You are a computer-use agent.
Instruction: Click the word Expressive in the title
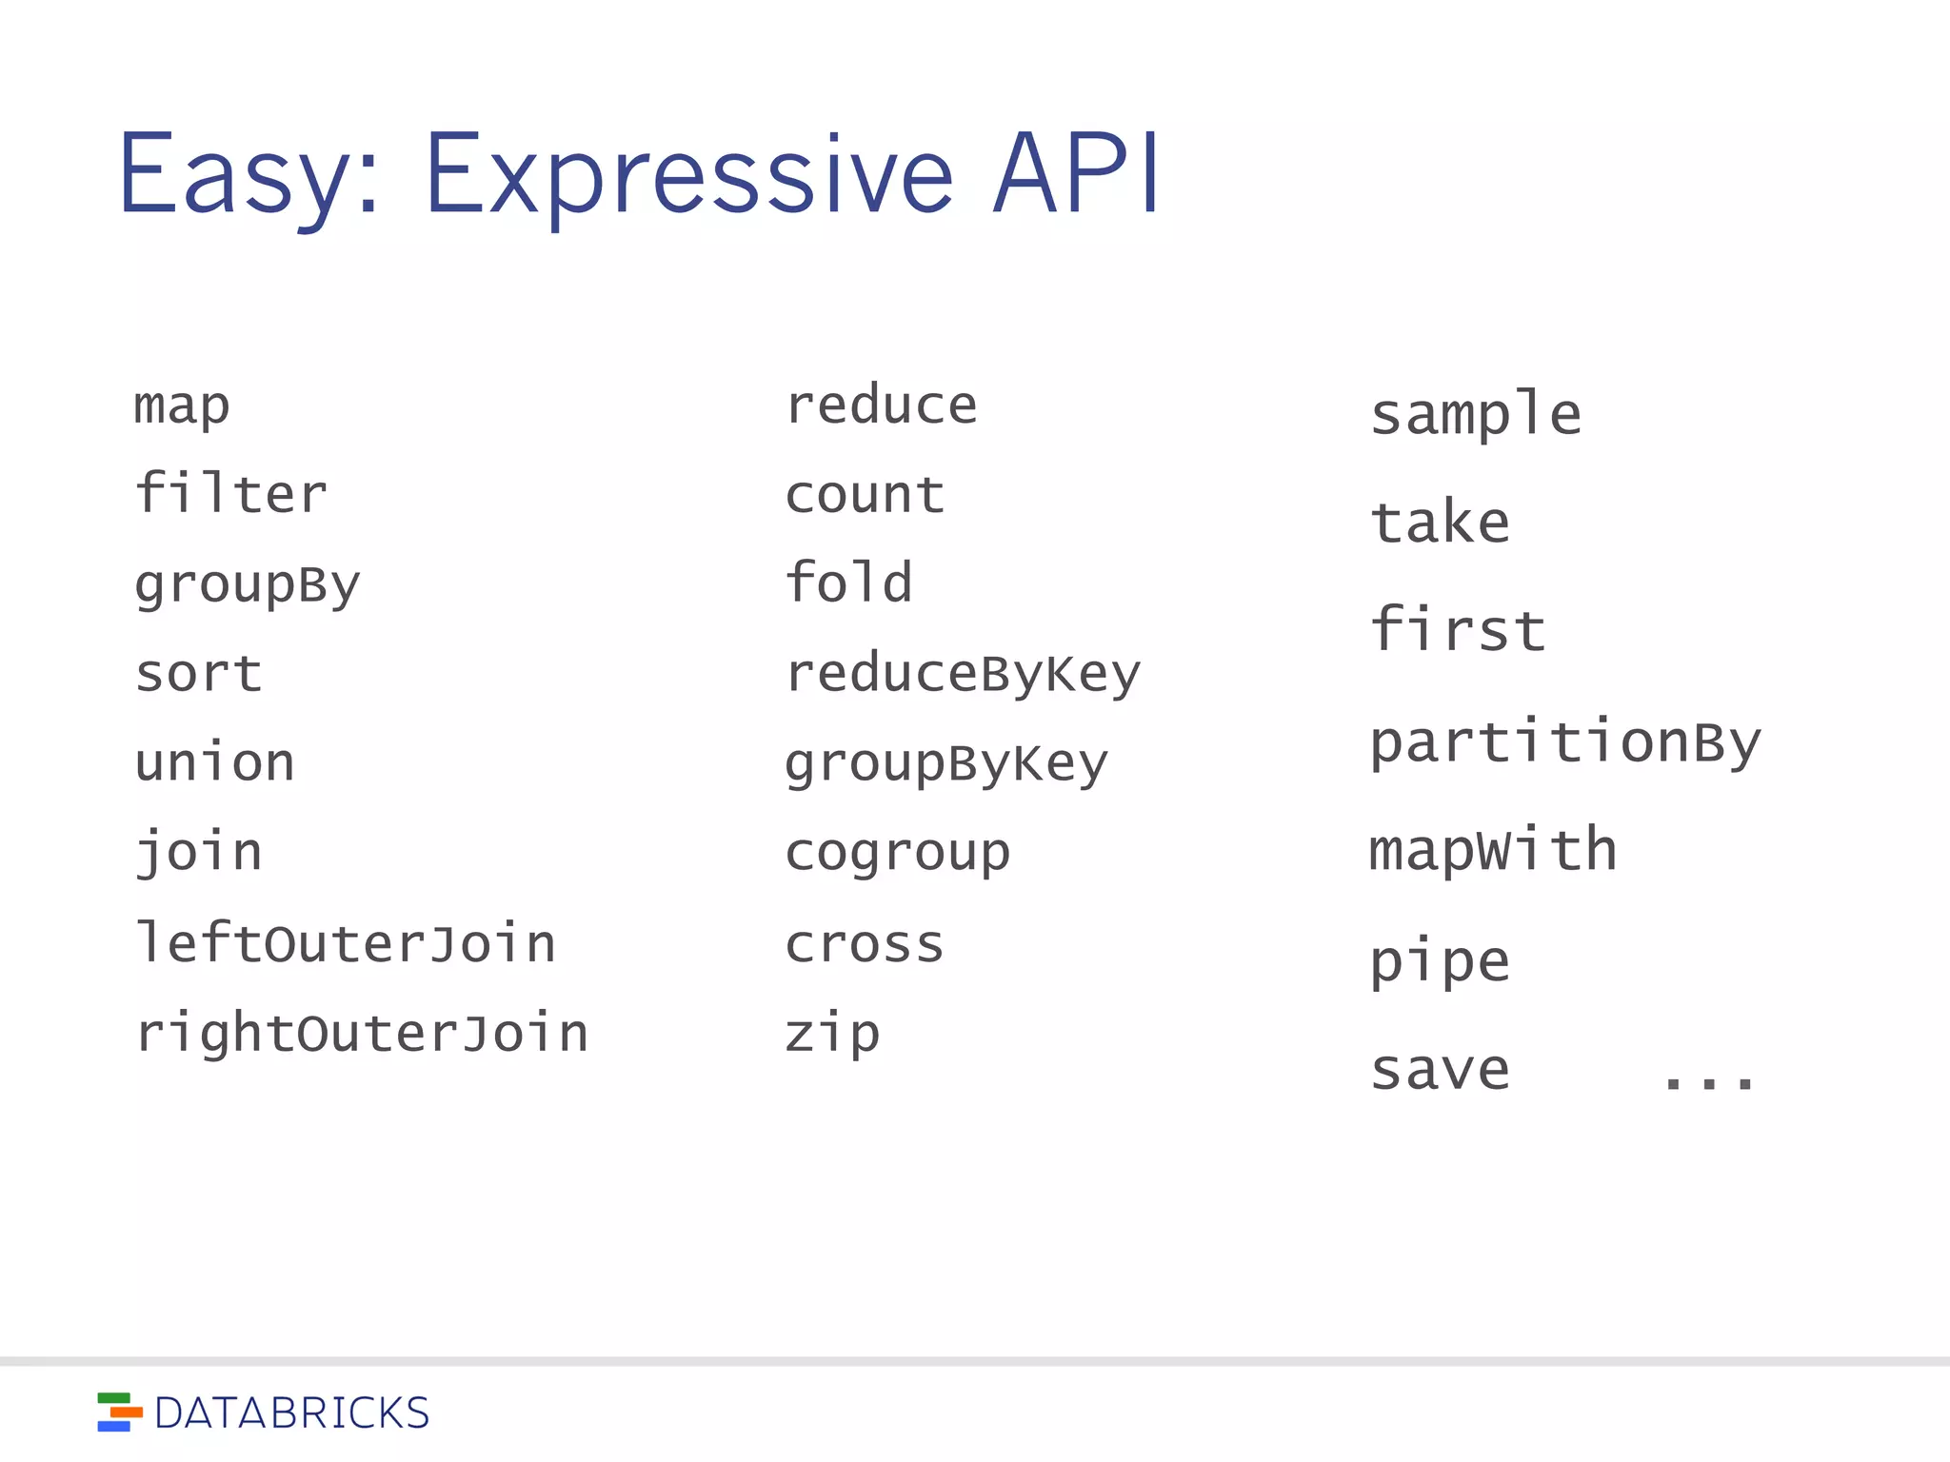(x=688, y=176)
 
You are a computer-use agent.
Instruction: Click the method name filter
(x=231, y=494)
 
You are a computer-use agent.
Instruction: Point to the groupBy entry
(x=248, y=584)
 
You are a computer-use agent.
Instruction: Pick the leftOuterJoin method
(x=346, y=943)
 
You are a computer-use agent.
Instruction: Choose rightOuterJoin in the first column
(x=362, y=1034)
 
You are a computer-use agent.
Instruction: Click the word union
(x=215, y=762)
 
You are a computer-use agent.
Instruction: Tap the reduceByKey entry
(x=963, y=675)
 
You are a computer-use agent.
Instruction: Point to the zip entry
(x=832, y=1035)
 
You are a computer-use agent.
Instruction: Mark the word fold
(x=848, y=583)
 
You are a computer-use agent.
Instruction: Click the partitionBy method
(x=1565, y=742)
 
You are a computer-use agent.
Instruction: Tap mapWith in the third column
(x=1493, y=850)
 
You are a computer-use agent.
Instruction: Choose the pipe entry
(x=1440, y=961)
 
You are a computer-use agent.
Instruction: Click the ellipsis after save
(x=1708, y=1080)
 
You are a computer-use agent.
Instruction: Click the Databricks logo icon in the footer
(x=119, y=1413)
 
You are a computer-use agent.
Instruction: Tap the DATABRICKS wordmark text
(x=291, y=1413)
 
